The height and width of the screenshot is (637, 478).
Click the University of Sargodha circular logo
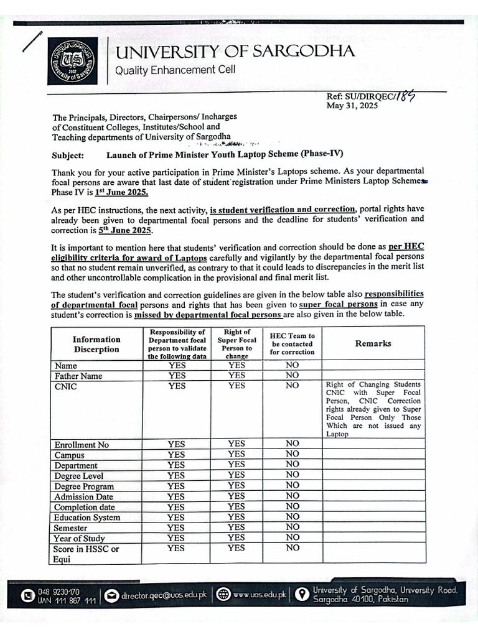(x=73, y=61)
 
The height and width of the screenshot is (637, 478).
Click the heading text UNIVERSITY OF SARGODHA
(x=235, y=52)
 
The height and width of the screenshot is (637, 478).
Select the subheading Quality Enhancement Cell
(x=176, y=70)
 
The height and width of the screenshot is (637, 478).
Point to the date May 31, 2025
(x=352, y=106)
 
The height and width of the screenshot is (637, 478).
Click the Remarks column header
(x=373, y=343)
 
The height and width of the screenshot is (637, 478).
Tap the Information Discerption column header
(x=96, y=344)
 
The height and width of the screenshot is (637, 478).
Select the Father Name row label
(x=78, y=376)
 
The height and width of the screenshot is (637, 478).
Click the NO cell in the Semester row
(x=293, y=528)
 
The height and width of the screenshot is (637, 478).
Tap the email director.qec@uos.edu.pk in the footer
(x=164, y=595)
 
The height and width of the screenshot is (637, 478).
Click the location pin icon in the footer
(x=301, y=595)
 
